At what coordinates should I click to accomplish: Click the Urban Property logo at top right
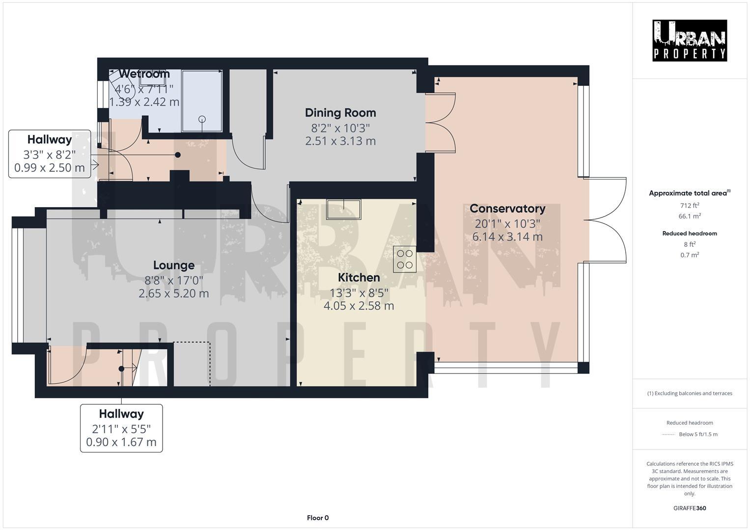coord(689,41)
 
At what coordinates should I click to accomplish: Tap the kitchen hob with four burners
coord(405,259)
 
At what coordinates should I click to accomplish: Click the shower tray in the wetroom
coord(202,101)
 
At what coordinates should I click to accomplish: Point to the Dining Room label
coord(340,113)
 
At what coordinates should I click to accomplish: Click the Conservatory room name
coord(507,209)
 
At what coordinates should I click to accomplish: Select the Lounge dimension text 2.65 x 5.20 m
coord(173,293)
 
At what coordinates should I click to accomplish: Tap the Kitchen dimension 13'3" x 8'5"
coord(359,292)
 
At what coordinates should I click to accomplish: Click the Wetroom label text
coord(144,74)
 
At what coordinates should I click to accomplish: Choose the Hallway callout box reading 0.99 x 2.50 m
coord(50,154)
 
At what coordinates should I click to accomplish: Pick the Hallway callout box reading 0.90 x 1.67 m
coord(121,428)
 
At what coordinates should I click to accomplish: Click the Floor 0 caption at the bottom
coord(318,518)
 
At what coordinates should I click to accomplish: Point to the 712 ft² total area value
coord(690,206)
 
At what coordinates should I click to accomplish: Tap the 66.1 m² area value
coord(690,216)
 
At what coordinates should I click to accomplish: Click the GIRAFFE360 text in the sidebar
coord(690,508)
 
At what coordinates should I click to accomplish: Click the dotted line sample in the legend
coord(668,434)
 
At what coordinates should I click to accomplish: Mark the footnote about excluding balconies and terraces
coord(690,393)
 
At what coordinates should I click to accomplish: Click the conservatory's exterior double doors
coord(607,220)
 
